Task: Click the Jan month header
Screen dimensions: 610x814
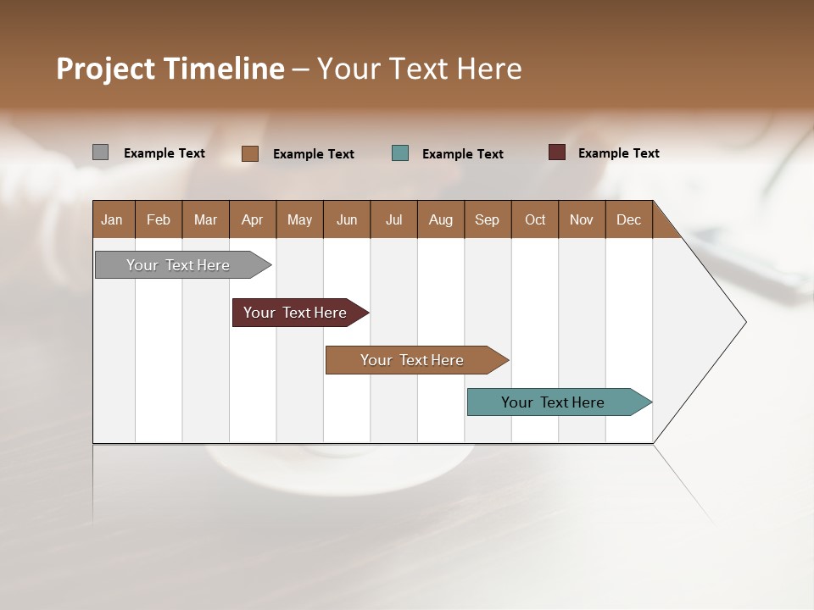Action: [112, 219]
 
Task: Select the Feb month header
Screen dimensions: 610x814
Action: [159, 219]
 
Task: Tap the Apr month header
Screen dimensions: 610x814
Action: [252, 219]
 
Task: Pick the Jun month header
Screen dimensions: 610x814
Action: [347, 219]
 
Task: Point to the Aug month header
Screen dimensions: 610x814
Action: [440, 219]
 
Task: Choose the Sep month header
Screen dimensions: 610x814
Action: [487, 219]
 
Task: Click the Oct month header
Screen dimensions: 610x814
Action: [535, 219]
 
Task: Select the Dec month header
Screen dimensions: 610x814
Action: [628, 219]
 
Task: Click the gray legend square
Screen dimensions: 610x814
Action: [100, 152]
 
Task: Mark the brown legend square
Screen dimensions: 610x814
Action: [250, 153]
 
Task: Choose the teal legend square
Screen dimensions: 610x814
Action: [400, 153]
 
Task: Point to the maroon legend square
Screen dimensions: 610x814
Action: [557, 152]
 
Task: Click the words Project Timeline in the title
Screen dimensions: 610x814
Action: [170, 69]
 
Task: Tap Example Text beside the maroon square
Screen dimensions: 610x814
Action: [618, 153]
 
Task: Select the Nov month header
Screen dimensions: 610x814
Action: [582, 219]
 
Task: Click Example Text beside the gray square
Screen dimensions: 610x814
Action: [164, 153]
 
